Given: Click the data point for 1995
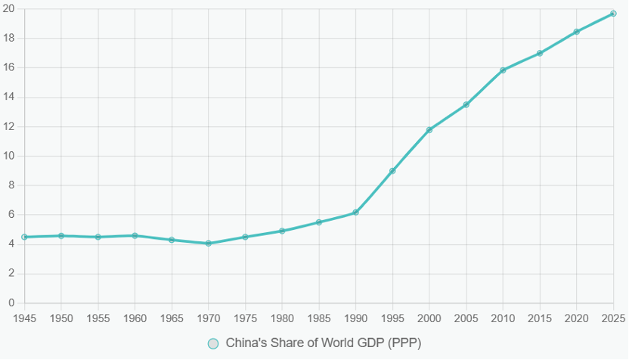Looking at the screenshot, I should (x=392, y=171).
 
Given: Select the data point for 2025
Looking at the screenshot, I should (x=613, y=14).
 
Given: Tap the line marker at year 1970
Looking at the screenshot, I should (x=208, y=244).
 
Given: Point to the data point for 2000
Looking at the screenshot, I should (x=429, y=130).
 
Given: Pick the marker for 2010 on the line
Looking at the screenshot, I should (x=503, y=70).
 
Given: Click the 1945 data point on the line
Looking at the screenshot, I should (x=24, y=237).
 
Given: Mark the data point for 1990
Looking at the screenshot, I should (x=355, y=213).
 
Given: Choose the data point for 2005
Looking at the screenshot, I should (x=466, y=104).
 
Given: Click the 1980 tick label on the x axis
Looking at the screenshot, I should (x=282, y=318).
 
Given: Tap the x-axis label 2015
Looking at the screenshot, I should (x=540, y=318).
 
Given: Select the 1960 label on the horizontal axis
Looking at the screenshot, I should (x=135, y=318).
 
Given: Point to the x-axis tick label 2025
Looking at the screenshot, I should (x=612, y=318).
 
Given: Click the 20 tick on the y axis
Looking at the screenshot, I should (x=10, y=9).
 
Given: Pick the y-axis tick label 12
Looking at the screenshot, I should (x=10, y=127).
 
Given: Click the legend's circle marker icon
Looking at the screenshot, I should (x=214, y=343).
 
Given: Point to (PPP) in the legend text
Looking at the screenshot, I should (x=404, y=343).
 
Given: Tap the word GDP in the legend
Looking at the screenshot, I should (x=370, y=343).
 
